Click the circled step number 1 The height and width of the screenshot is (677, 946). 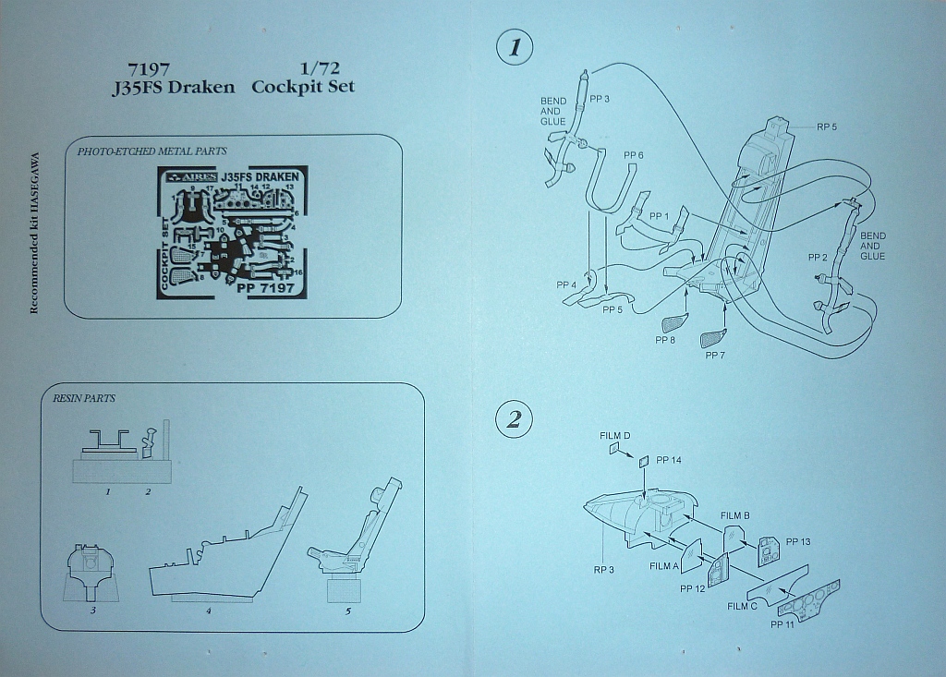coord(514,46)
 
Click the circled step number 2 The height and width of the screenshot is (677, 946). coord(514,421)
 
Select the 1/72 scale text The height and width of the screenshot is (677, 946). coord(316,69)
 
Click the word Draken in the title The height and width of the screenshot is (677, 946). coord(201,87)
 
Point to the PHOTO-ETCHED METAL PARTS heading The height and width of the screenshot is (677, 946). coord(152,151)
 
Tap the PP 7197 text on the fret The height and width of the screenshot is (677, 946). coord(265,288)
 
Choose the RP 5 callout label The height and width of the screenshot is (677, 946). coord(826,127)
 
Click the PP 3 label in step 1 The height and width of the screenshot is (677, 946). coord(600,100)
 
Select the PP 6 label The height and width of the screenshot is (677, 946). coord(634,154)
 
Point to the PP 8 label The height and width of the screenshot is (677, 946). coord(665,340)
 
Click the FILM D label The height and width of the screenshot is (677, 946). coord(614,435)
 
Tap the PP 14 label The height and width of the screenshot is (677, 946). coord(669,459)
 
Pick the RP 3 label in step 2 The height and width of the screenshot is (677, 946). coord(604,570)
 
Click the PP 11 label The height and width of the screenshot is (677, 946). coord(782,624)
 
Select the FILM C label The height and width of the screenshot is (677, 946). coord(743,606)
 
